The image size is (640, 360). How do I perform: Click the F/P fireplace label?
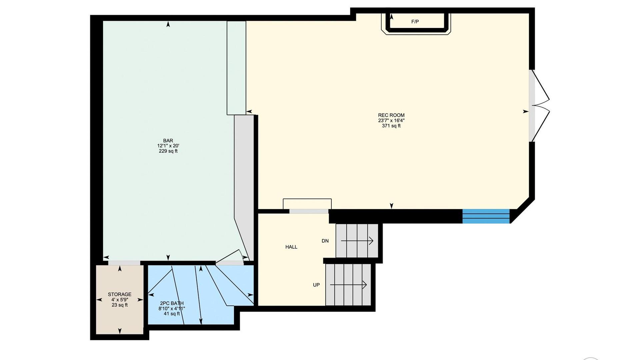[415, 22]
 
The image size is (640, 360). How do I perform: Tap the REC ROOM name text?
[391, 115]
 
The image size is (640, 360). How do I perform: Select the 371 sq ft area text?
[391, 126]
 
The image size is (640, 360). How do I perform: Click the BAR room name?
[168, 141]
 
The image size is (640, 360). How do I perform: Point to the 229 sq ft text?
[168, 151]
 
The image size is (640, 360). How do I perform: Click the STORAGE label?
[120, 294]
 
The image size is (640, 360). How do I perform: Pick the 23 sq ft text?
[120, 305]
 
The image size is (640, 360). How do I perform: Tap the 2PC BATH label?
[172, 303]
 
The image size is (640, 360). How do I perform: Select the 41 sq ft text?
[172, 314]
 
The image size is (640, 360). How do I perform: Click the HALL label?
[291, 247]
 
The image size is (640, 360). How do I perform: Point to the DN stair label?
[325, 241]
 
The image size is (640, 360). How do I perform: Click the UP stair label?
[316, 285]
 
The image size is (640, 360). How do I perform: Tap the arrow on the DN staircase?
[357, 241]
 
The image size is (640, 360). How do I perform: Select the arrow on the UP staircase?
[348, 285]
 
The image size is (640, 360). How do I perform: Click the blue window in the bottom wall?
[486, 216]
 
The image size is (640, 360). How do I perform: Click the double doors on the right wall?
[539, 106]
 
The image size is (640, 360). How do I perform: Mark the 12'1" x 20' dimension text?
[168, 146]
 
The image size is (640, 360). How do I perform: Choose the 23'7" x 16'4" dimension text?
[391, 120]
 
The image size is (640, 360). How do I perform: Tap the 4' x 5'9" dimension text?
[120, 300]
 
